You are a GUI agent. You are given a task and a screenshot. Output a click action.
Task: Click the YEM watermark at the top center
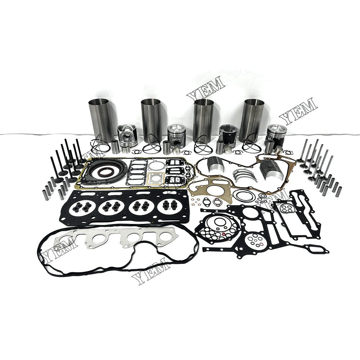tap(206, 88)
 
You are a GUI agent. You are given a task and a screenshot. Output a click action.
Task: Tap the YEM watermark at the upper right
tap(298, 109)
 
